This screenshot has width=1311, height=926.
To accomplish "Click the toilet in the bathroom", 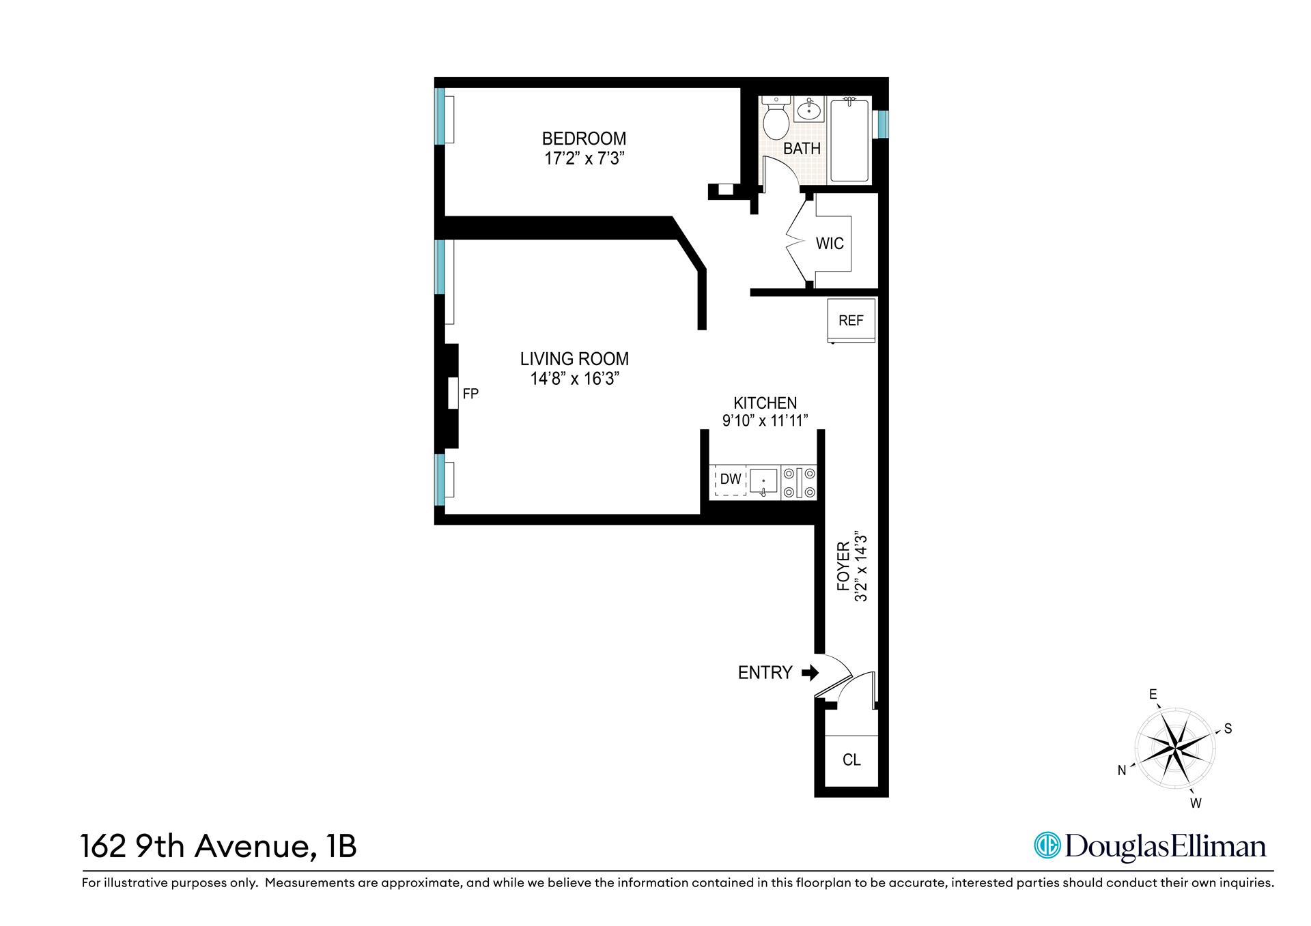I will point(776,121).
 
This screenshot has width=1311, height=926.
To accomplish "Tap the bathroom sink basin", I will point(809,109).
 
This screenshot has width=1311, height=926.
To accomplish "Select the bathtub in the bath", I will point(849,141).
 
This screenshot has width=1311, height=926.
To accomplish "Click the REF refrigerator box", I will point(851,321).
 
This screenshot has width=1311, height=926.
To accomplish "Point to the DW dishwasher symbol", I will point(730,480).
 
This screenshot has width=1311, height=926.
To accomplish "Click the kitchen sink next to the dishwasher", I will point(763,481).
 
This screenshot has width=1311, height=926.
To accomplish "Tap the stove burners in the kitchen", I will point(799,482).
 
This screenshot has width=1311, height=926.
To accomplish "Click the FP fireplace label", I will point(470,394).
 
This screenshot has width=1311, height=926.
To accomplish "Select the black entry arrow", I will point(810,674).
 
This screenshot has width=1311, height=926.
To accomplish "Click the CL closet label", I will point(851,760).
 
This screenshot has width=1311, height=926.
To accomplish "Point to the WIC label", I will point(830,244).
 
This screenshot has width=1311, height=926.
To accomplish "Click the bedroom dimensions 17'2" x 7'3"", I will point(584,159).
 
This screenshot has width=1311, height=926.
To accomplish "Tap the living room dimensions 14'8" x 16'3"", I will point(574,379).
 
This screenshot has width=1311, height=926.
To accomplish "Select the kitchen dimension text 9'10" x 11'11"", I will point(765,420).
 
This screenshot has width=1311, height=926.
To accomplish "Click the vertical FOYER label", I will point(843,566).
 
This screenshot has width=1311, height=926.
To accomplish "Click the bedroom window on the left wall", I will point(441,117).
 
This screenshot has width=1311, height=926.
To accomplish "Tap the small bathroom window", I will point(883,124).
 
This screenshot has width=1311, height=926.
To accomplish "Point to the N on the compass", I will point(1122,770).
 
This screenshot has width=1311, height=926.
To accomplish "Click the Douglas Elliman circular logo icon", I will point(1046,846).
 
